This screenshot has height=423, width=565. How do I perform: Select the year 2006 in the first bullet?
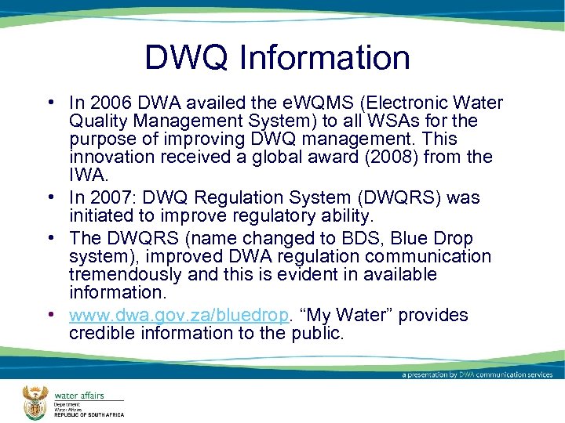[106, 103]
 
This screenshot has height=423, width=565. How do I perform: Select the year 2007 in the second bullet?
[106, 198]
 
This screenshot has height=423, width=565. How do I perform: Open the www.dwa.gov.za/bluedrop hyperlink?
[179, 315]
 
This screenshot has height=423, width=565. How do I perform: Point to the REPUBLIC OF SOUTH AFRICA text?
[89, 415]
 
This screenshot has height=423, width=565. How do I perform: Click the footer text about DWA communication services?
[477, 374]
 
